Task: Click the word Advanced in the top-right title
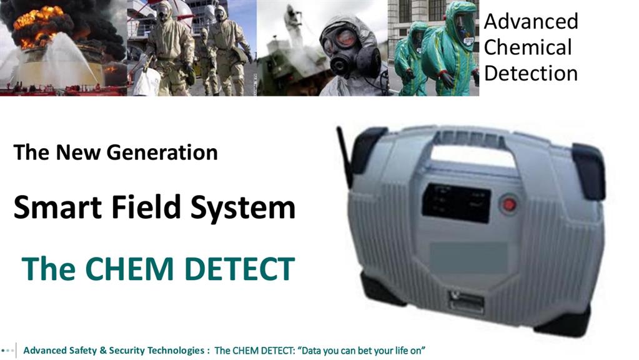pyautogui.click(x=531, y=21)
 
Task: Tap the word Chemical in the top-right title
pyautogui.click(x=528, y=47)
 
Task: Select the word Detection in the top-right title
pyautogui.click(x=531, y=73)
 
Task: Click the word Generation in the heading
pyautogui.click(x=162, y=152)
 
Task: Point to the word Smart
pyautogui.click(x=57, y=207)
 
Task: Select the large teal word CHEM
pyautogui.click(x=129, y=269)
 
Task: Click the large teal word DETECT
pyautogui.click(x=239, y=269)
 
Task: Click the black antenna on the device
pyautogui.click(x=344, y=157)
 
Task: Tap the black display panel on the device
pyautogui.click(x=456, y=203)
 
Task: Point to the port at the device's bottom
pyautogui.click(x=466, y=302)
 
